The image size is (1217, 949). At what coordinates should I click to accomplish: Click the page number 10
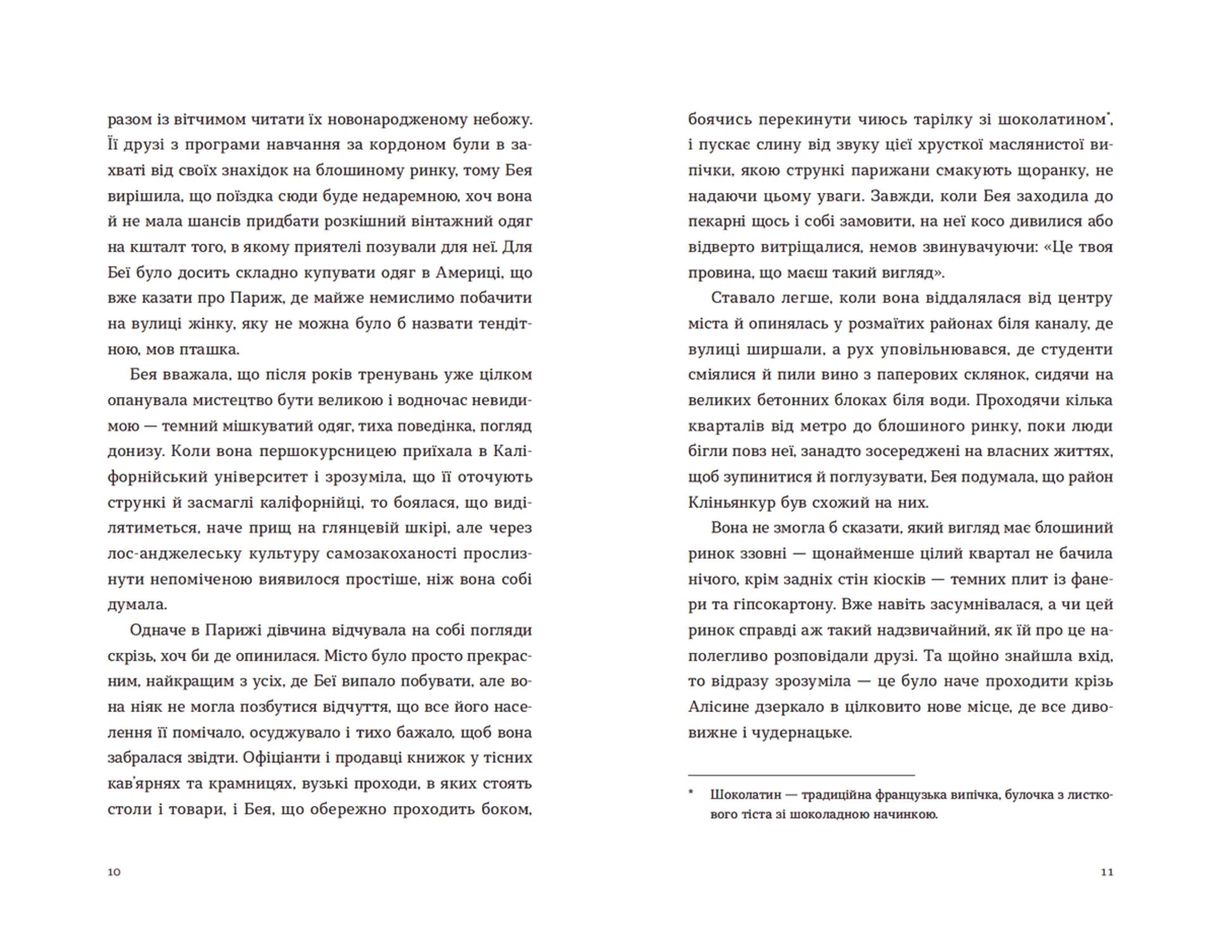pyautogui.click(x=114, y=872)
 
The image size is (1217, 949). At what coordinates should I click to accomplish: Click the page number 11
pyautogui.click(x=1107, y=872)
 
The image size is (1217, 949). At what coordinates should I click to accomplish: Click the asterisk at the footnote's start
pyautogui.click(x=692, y=794)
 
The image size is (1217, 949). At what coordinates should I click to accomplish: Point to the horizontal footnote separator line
pyautogui.click(x=801, y=775)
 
